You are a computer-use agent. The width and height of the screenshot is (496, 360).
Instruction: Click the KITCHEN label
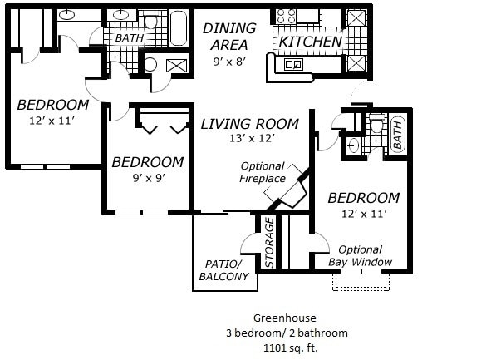[311, 42]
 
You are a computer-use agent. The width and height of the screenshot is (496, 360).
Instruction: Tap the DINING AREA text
[229, 37]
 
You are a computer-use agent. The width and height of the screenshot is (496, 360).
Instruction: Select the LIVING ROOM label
[249, 124]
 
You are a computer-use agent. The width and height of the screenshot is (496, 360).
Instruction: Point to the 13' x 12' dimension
[252, 138]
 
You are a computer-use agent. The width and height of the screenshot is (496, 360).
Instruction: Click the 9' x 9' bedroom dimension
[149, 178]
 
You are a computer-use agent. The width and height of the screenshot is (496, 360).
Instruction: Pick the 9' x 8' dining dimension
[229, 62]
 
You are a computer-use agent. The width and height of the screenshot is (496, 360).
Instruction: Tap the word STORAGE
[269, 243]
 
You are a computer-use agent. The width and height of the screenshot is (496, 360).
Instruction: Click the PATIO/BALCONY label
[223, 270]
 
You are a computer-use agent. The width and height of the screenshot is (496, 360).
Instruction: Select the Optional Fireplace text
[263, 172]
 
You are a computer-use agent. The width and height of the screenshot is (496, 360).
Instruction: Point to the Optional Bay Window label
[361, 256]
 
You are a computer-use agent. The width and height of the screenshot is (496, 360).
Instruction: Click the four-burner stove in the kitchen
[286, 16]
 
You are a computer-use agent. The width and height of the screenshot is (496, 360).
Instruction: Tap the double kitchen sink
[293, 65]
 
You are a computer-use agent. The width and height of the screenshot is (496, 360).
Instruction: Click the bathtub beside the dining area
[179, 28]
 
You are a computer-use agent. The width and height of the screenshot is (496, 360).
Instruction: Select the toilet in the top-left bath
[150, 20]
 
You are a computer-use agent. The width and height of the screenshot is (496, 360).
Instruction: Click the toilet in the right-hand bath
[376, 123]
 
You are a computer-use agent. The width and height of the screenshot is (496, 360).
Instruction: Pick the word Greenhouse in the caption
[285, 318]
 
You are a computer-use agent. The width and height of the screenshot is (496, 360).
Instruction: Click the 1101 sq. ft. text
[291, 348]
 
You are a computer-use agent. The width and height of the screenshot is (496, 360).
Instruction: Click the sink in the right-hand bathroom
[353, 146]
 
